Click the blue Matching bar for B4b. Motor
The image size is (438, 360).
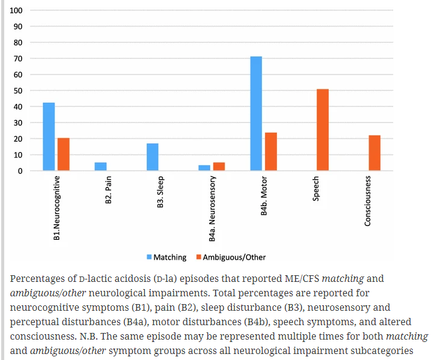pyautogui.click(x=256, y=114)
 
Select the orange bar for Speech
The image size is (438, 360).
pyautogui.click(x=322, y=130)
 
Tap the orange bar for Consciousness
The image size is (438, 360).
pyautogui.click(x=374, y=153)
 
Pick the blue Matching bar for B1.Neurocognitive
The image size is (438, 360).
pyautogui.click(x=49, y=136)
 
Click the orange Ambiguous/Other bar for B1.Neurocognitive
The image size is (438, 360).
pyautogui.click(x=64, y=154)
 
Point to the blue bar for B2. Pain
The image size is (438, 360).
pyautogui.click(x=100, y=166)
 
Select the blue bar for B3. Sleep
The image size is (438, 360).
pyautogui.click(x=153, y=157)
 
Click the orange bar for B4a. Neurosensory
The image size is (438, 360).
pyautogui.click(x=219, y=166)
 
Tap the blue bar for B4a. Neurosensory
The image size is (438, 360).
pyautogui.click(x=204, y=168)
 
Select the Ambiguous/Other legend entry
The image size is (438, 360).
pyautogui.click(x=234, y=257)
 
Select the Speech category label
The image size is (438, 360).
pyautogui.click(x=316, y=188)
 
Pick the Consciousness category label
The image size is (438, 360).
pyautogui.click(x=368, y=201)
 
